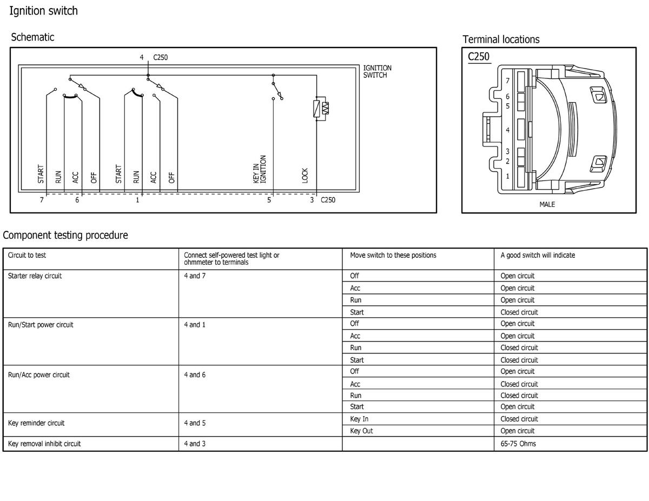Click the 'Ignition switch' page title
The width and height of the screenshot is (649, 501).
[43, 11]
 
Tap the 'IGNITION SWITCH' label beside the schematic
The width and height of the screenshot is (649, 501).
[377, 72]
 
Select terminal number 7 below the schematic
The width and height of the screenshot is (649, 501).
[42, 200]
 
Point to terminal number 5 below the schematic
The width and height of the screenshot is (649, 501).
[269, 200]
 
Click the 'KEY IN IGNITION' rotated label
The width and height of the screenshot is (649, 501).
[259, 169]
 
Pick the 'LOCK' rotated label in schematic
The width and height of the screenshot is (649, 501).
[304, 176]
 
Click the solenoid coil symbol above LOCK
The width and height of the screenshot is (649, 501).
[321, 109]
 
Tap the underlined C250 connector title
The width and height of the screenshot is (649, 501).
[479, 57]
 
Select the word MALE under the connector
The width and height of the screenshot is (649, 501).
[547, 204]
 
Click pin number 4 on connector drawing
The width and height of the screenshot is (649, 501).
[507, 130]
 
